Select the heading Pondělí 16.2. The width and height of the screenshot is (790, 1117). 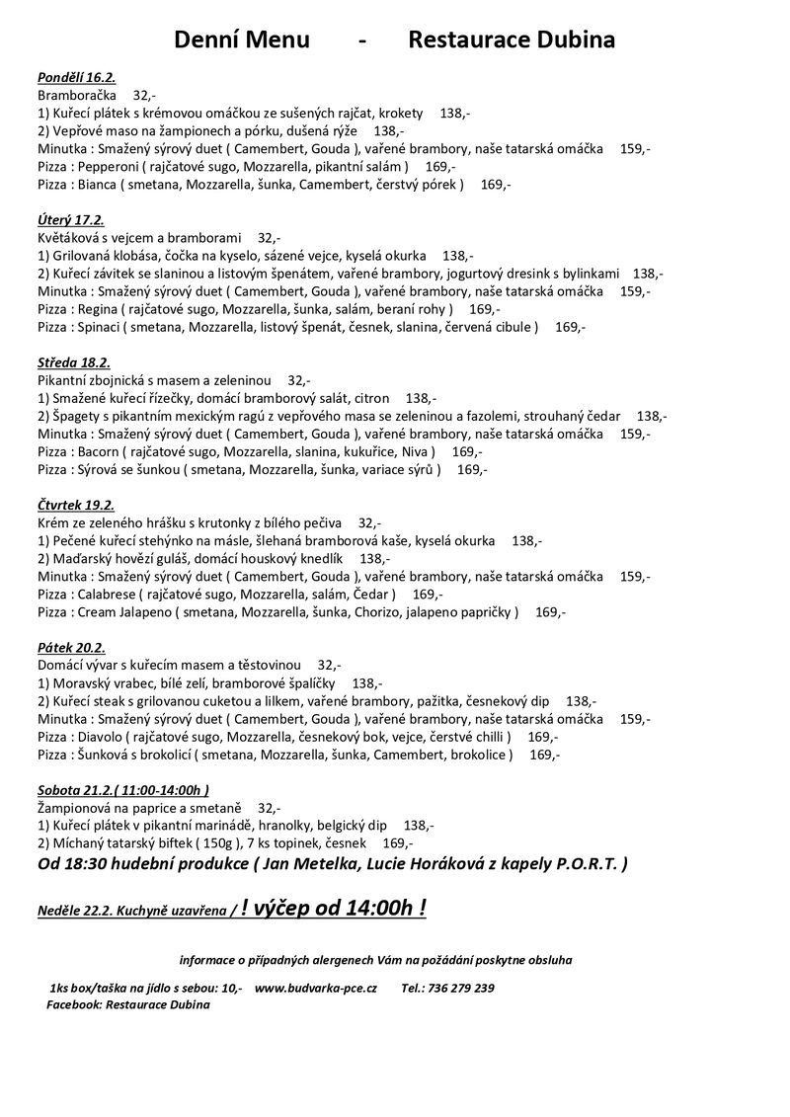pyautogui.click(x=76, y=77)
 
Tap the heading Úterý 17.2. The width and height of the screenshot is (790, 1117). pyautogui.click(x=71, y=220)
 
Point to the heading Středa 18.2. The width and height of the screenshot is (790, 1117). pyautogui.click(x=74, y=362)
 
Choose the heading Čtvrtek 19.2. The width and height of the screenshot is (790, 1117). pyautogui.click(x=77, y=505)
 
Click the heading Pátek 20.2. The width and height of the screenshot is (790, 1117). pyautogui.click(x=71, y=647)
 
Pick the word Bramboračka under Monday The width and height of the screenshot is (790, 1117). pyautogui.click(x=76, y=96)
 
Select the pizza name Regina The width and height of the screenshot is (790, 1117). pyautogui.click(x=98, y=309)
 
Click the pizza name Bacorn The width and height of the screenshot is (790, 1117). pyautogui.click(x=99, y=451)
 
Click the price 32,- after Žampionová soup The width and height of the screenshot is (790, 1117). pyautogui.click(x=269, y=807)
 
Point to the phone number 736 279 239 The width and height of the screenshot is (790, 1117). pyautogui.click(x=461, y=988)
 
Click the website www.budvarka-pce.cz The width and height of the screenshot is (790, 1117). pyautogui.click(x=316, y=988)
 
